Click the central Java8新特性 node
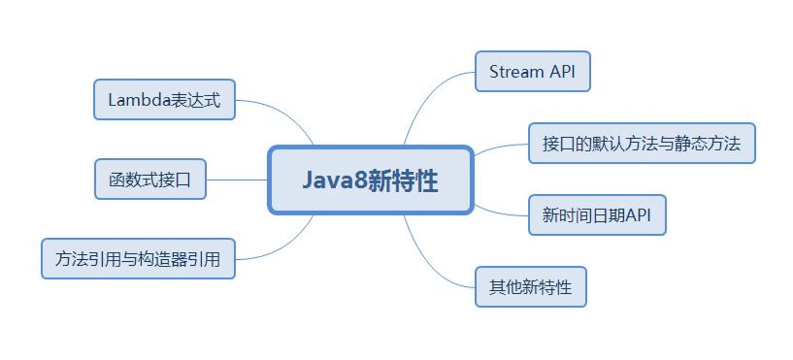[x=371, y=180]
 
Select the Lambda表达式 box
[x=165, y=100]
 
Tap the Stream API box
[x=532, y=71]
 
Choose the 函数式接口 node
[x=150, y=179]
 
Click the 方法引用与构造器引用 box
[x=138, y=259]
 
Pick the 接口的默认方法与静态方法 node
[x=642, y=143]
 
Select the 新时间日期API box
[x=597, y=215]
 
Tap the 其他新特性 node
[x=531, y=287]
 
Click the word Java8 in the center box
[x=335, y=180]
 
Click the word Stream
[x=516, y=72]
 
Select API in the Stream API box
[x=562, y=72]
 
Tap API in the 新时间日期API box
[x=638, y=215]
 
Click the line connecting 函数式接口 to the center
[x=237, y=180]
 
